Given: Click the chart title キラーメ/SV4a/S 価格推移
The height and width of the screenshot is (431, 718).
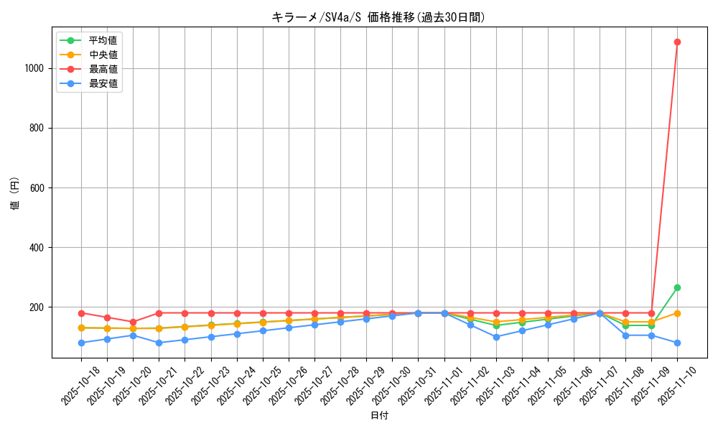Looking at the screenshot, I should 378,17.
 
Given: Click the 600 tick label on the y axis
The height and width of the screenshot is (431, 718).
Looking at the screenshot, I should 38,188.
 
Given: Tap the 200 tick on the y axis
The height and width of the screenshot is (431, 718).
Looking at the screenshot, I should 38,307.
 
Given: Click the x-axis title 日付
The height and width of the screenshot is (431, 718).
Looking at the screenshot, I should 379,416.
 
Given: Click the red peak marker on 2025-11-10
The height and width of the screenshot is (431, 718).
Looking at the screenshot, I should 677,42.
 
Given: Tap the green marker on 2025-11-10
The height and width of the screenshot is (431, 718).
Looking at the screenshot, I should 677,287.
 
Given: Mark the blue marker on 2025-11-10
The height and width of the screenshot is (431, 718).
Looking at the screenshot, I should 677,343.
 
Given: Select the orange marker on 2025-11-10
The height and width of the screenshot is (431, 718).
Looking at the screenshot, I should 677,313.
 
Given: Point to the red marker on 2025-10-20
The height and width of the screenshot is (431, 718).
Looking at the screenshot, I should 133,322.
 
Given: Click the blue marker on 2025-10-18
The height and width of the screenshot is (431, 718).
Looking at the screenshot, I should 81,343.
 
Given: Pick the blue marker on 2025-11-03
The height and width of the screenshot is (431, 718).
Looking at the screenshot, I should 496,337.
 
